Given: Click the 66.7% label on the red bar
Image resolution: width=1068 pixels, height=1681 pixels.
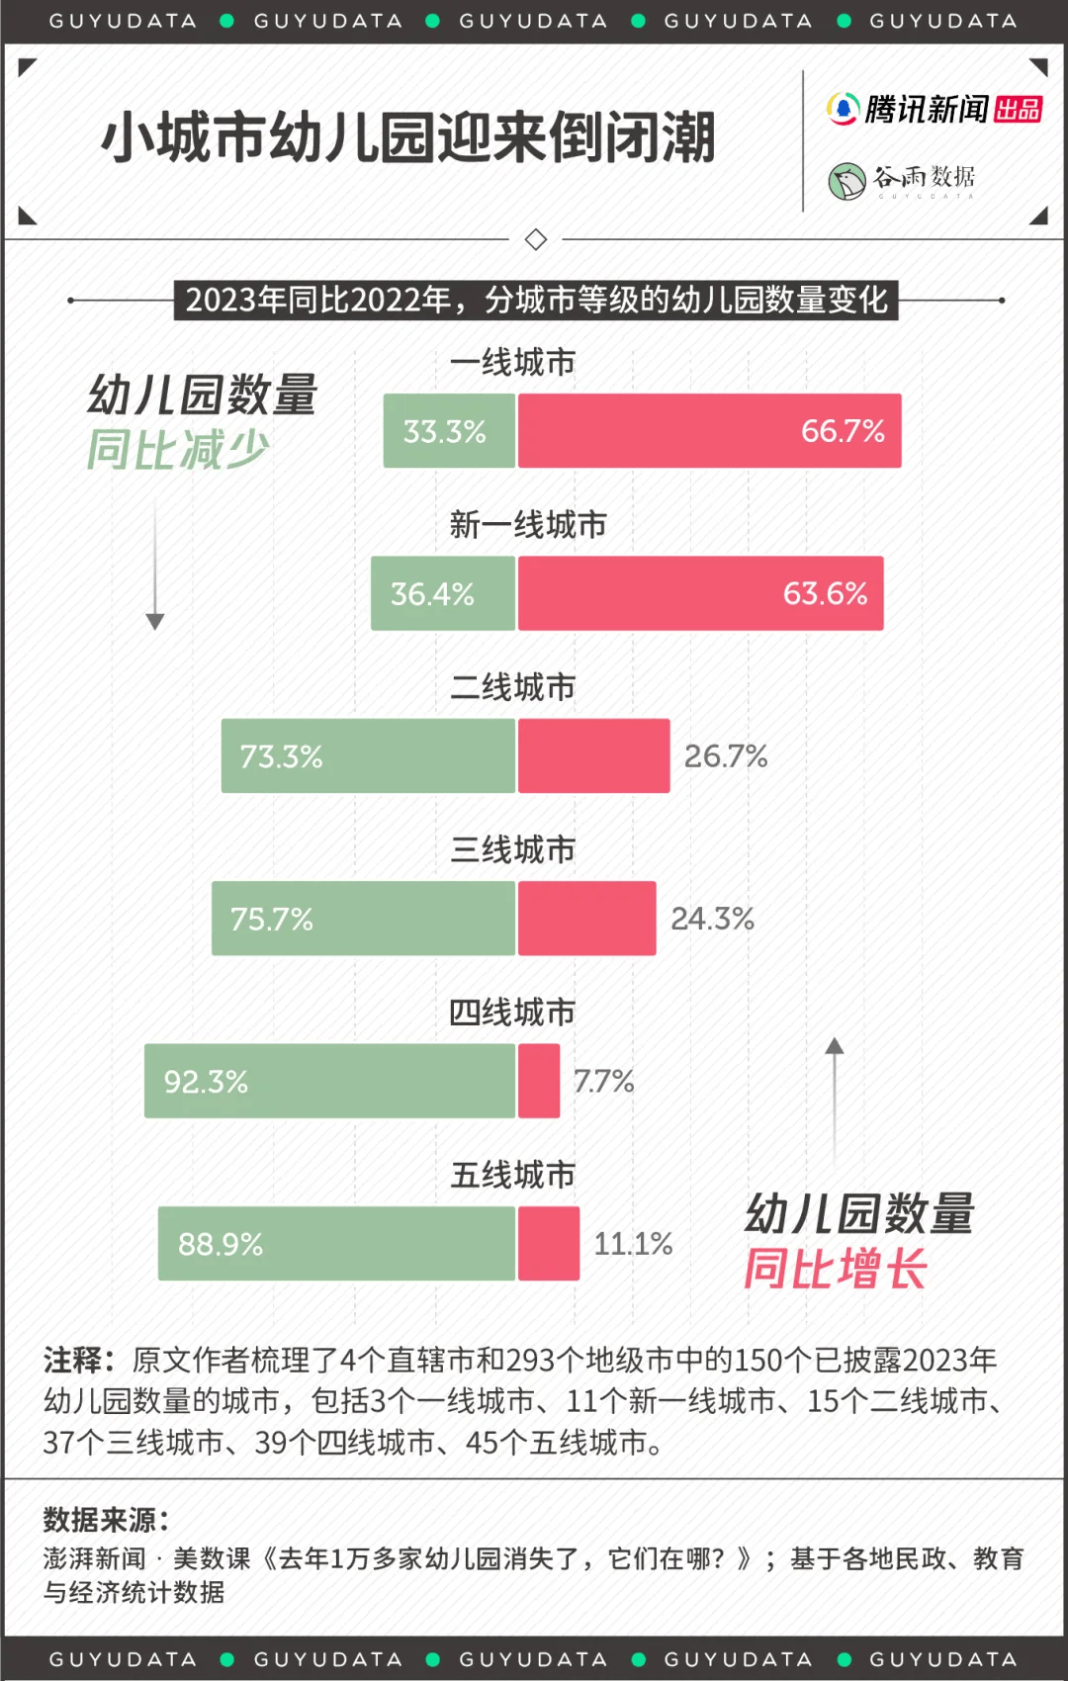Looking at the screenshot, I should pos(842,431).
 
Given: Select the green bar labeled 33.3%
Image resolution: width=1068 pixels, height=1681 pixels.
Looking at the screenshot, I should pos(449,431).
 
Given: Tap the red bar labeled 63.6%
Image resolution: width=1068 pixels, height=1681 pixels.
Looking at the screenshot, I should pos(700,593).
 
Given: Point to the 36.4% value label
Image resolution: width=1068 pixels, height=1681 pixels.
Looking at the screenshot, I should pos(432,593).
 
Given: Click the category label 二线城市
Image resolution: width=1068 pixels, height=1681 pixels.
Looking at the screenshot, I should pos(512,687).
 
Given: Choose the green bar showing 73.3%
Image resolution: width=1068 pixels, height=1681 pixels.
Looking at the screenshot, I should pos(368,756).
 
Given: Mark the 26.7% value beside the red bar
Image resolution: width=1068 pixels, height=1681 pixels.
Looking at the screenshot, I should pos(725,756).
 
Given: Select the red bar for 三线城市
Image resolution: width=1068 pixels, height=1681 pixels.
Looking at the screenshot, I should pos(586,919).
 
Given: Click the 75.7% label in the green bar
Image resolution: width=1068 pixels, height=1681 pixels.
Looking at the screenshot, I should pos(271,920).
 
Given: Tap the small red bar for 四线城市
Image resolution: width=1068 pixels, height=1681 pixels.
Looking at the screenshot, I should pos(539,1081).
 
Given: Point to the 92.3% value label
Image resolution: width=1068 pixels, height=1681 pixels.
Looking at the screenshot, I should pos(206,1082).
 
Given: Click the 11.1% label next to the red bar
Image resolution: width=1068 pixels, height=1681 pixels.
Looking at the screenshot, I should pos(633,1244).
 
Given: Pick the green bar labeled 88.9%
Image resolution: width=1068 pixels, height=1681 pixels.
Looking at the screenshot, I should pos(336,1244).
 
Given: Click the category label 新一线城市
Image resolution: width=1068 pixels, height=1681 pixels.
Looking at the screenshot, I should pos(527,525).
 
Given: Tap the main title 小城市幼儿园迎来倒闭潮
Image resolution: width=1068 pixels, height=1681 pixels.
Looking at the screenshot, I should pos(407,137).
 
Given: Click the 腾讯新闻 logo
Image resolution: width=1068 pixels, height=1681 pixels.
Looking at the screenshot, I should pos(934,109).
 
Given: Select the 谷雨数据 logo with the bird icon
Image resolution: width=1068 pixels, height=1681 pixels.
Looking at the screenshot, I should pos(902,180).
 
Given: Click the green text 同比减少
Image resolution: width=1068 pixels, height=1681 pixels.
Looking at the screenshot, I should pos(178,450).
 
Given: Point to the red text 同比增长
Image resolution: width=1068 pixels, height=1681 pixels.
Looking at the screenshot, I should pos(836,1269).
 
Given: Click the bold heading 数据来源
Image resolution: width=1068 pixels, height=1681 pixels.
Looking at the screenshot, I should pos(106,1519).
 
